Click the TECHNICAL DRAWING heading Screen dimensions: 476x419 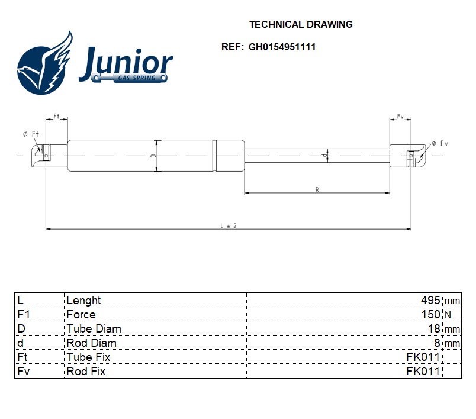coord(301,25)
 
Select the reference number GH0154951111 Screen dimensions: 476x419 coord(282,47)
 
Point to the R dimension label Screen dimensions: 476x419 coord(317,189)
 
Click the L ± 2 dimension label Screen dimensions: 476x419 coord(228,226)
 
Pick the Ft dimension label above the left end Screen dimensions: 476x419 coord(57,116)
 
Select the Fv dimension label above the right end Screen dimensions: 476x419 coord(400,117)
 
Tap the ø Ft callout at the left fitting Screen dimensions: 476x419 coord(31,134)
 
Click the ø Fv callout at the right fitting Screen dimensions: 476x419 coord(440,144)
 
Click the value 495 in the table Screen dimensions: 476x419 coord(430,301)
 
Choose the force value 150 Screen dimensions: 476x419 coord(430,315)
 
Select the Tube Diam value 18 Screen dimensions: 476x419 coord(434,329)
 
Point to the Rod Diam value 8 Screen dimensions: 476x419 coord(437,343)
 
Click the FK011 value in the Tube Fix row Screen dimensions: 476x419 coord(423,357)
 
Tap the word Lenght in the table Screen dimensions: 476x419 coord(83,301)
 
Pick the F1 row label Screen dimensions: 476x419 coord(24,315)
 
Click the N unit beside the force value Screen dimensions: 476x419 coord(448,315)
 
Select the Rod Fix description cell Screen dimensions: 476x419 coord(86,372)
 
